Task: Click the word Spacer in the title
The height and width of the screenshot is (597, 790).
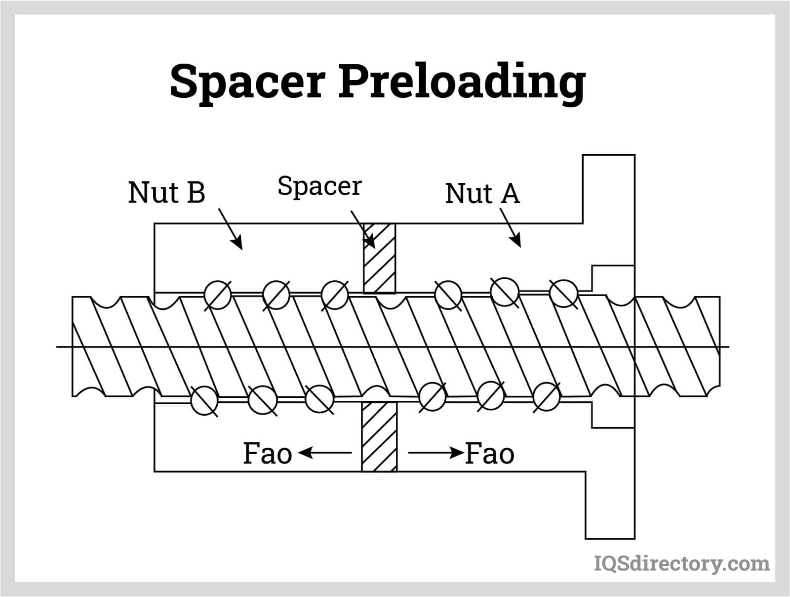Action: click(247, 82)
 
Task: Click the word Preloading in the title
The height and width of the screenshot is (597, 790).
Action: click(462, 82)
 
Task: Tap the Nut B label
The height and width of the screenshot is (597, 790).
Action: click(166, 192)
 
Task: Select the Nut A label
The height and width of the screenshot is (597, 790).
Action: click(482, 193)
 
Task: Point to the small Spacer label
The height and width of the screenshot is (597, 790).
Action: click(319, 186)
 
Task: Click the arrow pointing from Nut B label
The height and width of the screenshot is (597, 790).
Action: click(230, 229)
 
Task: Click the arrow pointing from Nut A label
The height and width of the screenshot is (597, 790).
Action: click(511, 227)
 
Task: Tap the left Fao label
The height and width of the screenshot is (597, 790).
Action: click(267, 454)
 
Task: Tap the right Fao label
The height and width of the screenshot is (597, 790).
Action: click(490, 454)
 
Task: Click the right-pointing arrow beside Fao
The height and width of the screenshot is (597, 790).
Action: click(435, 452)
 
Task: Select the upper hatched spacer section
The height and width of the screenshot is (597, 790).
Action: click(380, 258)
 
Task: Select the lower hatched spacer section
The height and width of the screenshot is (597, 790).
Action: click(379, 436)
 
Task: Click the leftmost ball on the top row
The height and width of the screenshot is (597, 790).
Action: click(218, 295)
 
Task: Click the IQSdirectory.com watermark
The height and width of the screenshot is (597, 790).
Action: click(681, 563)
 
